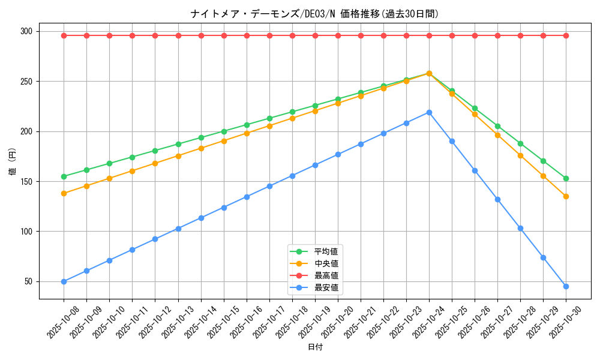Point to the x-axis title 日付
(x=315, y=347)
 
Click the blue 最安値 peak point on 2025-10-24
(x=429, y=112)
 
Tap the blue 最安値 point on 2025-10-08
(x=64, y=281)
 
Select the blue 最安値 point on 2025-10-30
(x=566, y=286)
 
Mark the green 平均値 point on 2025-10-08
(x=64, y=176)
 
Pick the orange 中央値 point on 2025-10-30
(x=566, y=196)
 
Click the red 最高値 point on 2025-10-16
(x=247, y=35)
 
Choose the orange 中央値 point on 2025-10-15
(x=224, y=141)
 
